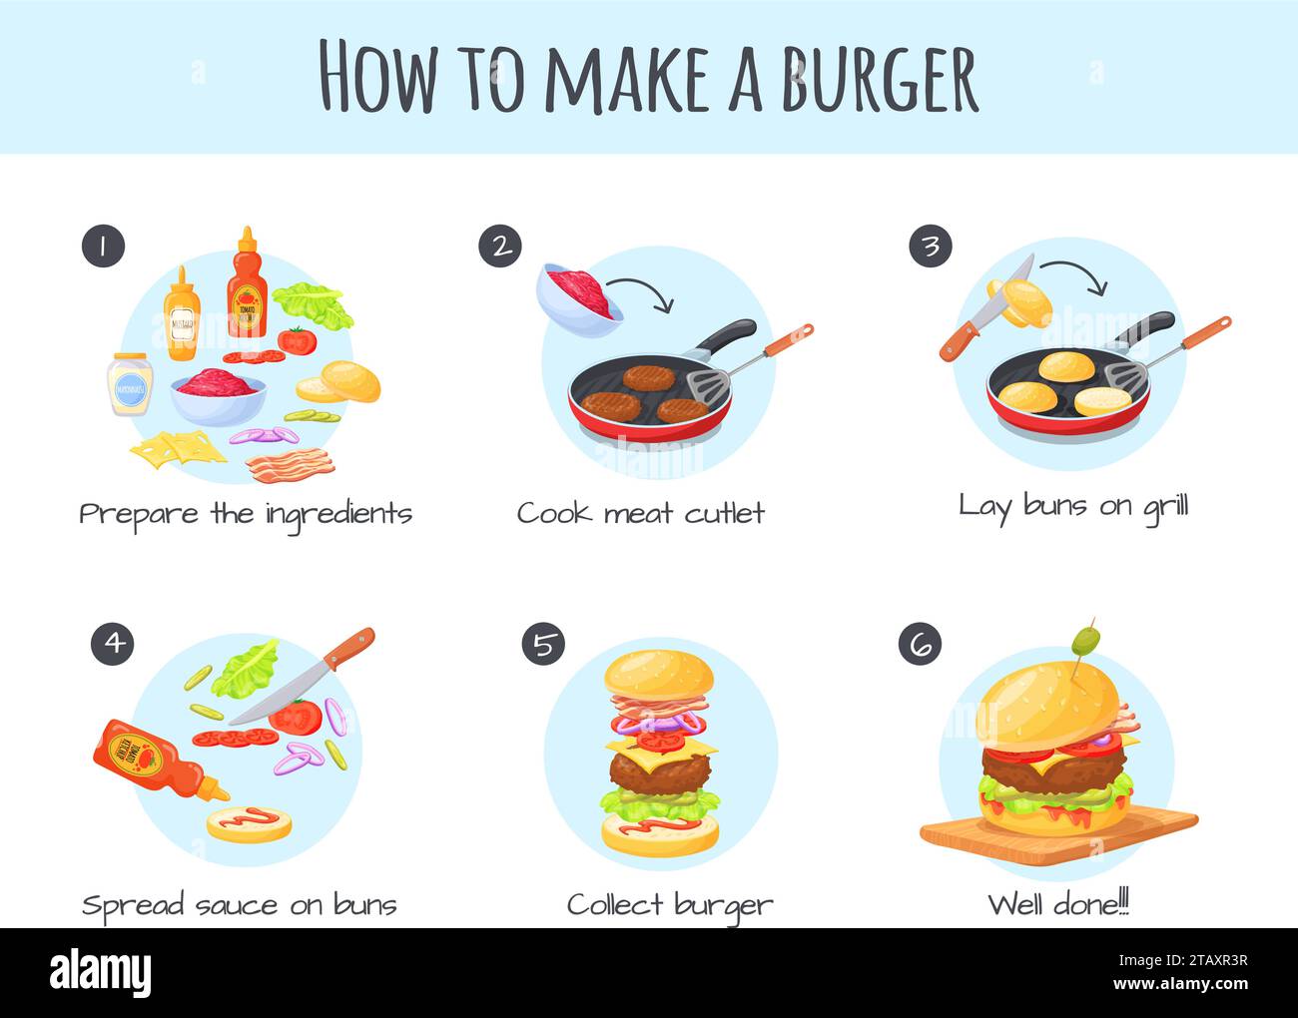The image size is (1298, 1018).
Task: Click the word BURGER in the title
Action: tap(879, 78)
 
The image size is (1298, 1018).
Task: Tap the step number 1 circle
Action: tap(103, 246)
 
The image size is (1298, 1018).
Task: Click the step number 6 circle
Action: tap(920, 644)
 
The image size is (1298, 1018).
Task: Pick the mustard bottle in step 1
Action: tap(183, 317)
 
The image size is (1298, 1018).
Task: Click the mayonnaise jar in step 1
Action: tap(130, 384)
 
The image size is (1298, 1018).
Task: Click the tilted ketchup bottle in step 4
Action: tap(150, 759)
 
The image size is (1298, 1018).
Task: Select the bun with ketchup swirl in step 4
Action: tap(249, 823)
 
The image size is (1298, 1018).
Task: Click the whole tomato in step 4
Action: tap(296, 716)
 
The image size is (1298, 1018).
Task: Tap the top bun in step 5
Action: tap(660, 676)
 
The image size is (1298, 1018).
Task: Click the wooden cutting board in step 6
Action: tap(1058, 831)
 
